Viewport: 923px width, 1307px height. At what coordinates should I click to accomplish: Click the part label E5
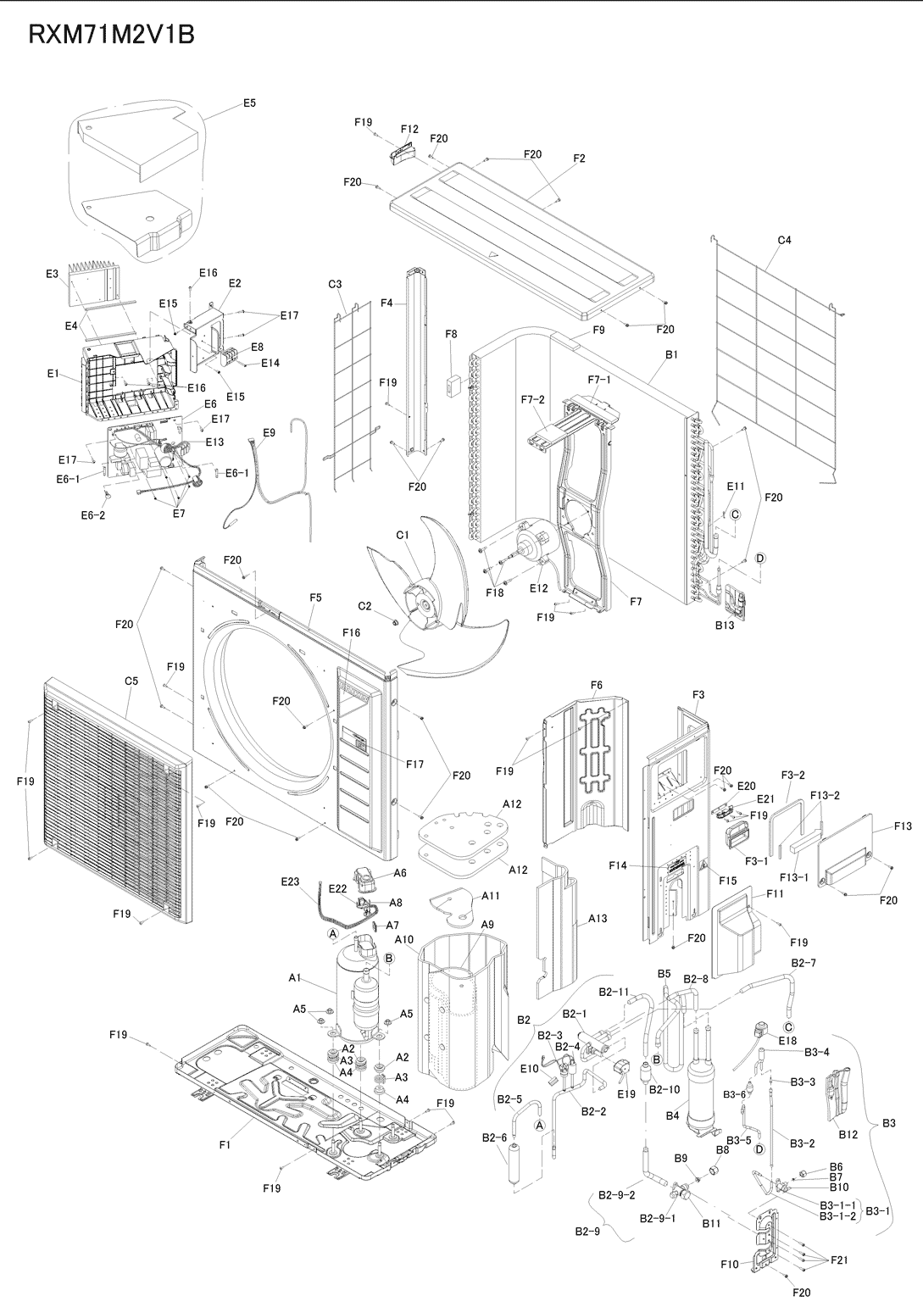pos(249,103)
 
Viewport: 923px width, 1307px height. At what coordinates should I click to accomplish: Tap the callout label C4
pos(784,240)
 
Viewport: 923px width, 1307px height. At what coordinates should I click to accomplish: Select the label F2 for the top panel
pos(580,159)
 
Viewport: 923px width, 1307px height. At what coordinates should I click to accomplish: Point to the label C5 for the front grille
pos(131,681)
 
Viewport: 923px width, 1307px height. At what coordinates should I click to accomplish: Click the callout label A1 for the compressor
pos(295,978)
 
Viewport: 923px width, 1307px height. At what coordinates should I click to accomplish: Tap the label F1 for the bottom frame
pos(225,1145)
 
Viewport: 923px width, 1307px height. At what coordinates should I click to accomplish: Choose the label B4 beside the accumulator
pos(672,1116)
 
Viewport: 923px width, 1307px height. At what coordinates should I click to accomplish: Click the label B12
pos(848,1134)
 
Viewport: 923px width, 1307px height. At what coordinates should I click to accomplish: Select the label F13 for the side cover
pos(903,826)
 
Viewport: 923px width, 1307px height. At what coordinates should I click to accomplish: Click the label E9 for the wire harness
pos(269,432)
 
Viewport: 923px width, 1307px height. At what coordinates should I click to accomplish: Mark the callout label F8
pos(451,335)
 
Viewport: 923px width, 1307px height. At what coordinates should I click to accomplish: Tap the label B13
pos(724,626)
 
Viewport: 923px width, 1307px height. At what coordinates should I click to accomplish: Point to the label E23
pos(291,882)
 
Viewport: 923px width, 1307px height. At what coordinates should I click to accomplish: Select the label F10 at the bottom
pos(730,1265)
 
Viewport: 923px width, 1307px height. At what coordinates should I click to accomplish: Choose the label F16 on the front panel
pos(352,632)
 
